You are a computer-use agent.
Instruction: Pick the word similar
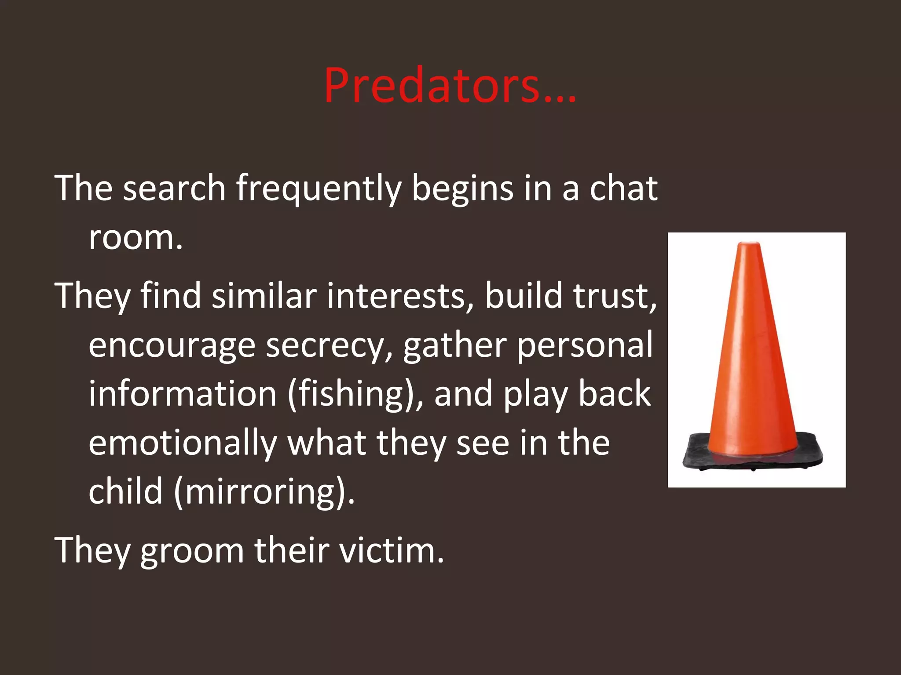pos(264,295)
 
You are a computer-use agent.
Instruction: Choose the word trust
pos(614,295)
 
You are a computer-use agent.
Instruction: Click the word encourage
pos(172,346)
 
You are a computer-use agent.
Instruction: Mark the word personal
pos(585,345)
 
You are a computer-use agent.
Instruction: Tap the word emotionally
pos(183,443)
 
